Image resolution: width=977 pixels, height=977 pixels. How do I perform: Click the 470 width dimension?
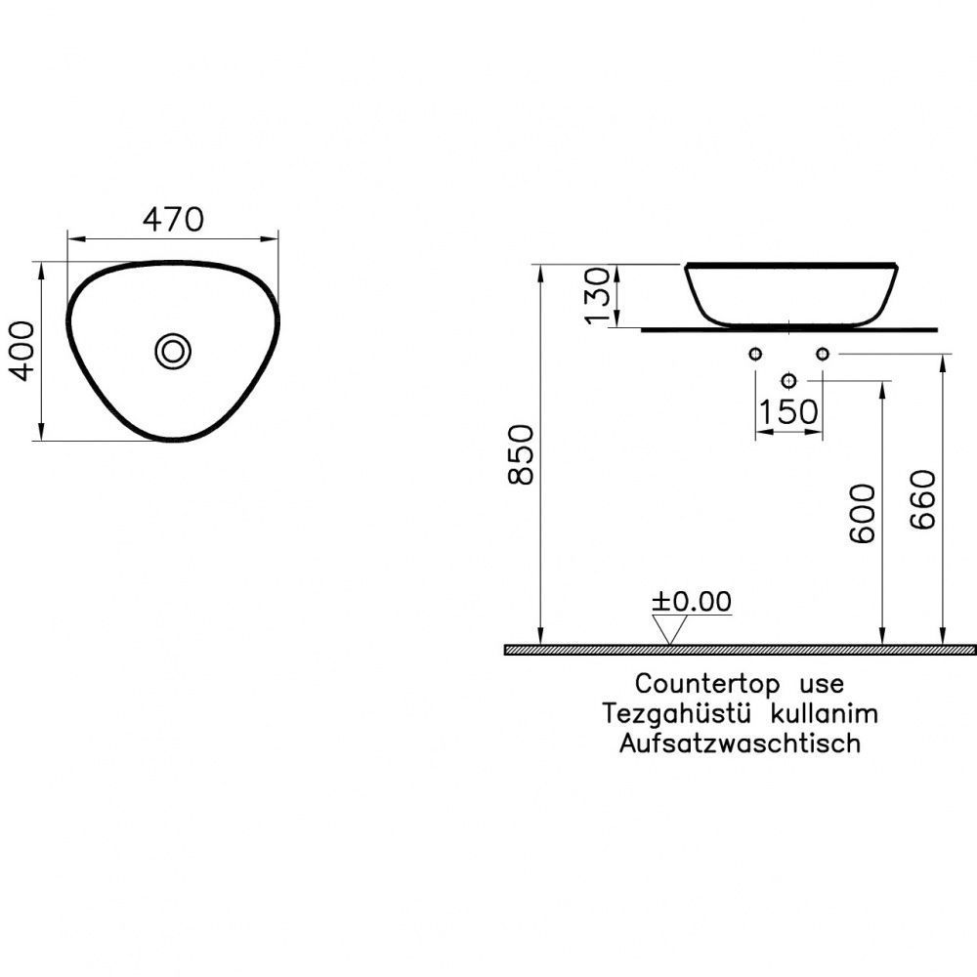173,219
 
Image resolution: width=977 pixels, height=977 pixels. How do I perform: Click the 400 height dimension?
23,351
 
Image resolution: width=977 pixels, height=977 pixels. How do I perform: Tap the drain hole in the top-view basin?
173,352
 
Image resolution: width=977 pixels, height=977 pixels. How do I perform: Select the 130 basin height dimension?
598,295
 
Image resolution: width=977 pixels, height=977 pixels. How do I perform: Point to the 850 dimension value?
521,454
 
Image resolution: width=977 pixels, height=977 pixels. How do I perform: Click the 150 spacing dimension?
788,411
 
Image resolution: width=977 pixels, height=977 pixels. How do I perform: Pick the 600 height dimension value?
863,514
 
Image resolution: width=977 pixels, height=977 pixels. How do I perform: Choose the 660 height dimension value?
923,499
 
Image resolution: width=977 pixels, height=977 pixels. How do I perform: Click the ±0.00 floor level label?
692,601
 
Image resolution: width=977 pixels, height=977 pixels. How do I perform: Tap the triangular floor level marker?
669,630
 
